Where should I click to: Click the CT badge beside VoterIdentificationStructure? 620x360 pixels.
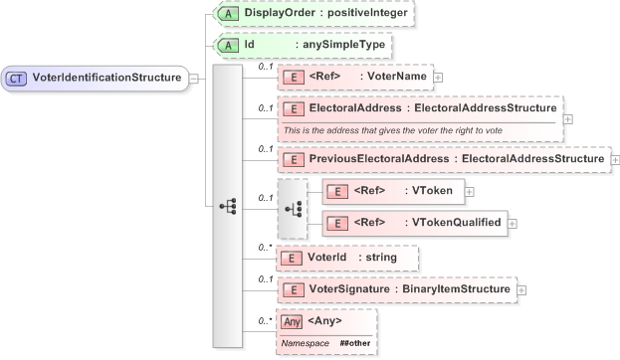17,77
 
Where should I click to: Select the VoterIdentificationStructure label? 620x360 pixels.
106,77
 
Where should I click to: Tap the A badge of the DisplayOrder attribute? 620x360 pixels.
228,14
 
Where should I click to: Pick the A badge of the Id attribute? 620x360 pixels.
228,45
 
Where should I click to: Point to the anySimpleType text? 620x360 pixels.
338,45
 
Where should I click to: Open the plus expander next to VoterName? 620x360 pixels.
438,77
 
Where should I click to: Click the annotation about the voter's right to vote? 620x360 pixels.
392,130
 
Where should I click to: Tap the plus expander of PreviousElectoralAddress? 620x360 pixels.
615,159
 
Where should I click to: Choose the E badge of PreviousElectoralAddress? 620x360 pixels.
293,159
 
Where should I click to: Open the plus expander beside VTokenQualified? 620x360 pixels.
513,223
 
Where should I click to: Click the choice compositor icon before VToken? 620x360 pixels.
293,208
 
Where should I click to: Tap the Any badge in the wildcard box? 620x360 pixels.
293,321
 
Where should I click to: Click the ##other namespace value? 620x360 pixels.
355,342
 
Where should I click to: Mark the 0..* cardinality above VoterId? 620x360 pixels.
265,247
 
